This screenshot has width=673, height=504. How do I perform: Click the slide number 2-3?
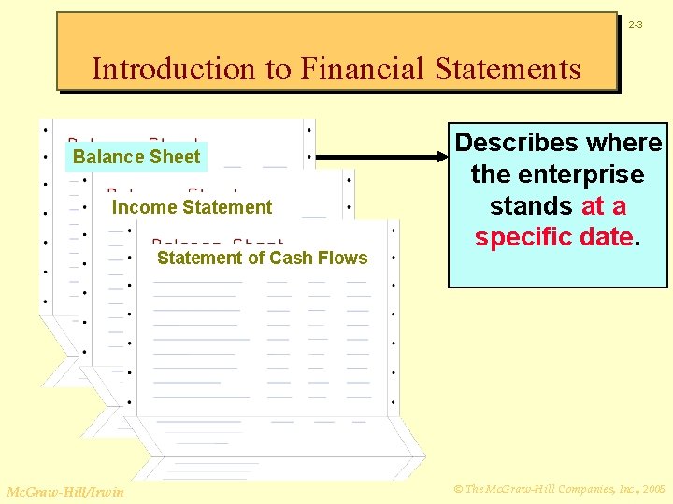coord(635,24)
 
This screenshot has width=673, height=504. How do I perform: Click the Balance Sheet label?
coord(136,157)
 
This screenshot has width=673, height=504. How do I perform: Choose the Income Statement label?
coord(192,207)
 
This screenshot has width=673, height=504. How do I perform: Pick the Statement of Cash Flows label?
coord(262,258)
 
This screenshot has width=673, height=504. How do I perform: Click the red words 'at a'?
coord(604,205)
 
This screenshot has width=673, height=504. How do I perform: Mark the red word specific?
coord(523,237)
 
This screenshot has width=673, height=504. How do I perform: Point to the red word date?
coord(609,237)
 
